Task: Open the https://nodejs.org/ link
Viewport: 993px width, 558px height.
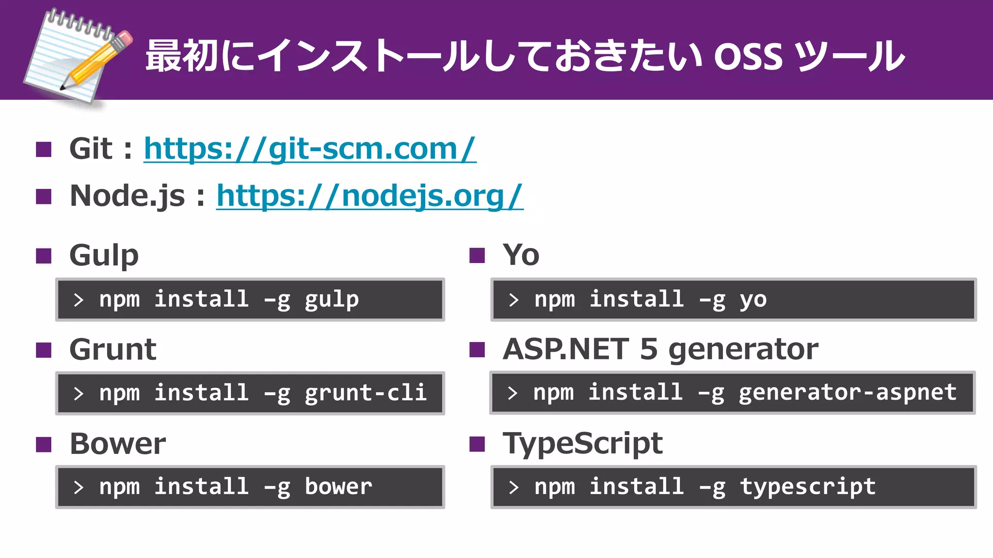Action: (369, 196)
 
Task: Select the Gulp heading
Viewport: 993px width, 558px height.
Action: (104, 255)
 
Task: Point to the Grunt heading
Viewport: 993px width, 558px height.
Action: (112, 349)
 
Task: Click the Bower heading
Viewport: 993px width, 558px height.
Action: (117, 443)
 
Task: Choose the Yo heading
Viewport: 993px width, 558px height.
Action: (521, 255)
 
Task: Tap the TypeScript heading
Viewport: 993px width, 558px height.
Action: (582, 443)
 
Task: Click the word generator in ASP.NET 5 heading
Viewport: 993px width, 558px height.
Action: (743, 349)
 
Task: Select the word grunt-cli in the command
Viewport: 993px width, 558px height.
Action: (366, 393)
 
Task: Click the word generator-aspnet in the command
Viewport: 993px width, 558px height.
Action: (848, 392)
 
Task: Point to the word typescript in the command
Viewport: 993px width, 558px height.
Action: (808, 487)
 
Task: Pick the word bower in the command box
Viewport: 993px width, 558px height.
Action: (338, 487)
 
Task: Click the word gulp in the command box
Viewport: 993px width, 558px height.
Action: (332, 299)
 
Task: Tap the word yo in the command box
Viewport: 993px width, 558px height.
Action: (753, 299)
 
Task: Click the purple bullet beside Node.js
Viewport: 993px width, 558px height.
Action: (44, 197)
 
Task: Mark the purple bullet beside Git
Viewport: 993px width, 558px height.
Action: (44, 149)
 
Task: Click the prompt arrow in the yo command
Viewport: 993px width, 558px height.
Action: (514, 300)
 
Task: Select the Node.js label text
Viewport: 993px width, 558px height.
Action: (127, 196)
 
